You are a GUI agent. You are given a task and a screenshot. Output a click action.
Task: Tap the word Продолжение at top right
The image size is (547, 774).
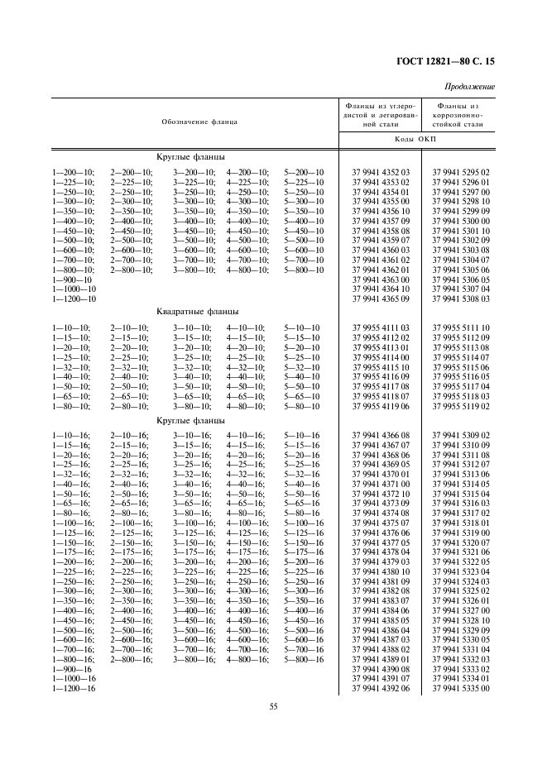click(x=469, y=87)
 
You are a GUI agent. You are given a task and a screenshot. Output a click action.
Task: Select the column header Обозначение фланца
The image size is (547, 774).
click(x=199, y=122)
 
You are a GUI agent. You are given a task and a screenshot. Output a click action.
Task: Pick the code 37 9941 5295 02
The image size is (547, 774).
click(x=461, y=172)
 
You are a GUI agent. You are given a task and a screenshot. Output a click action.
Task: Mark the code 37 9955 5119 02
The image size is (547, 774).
click(x=461, y=406)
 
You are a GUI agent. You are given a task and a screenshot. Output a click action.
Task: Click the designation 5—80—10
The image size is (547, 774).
click(x=304, y=406)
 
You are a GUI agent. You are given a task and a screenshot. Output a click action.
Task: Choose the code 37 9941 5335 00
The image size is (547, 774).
click(x=461, y=687)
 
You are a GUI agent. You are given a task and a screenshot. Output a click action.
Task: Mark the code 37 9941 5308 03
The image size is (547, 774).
click(x=461, y=298)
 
